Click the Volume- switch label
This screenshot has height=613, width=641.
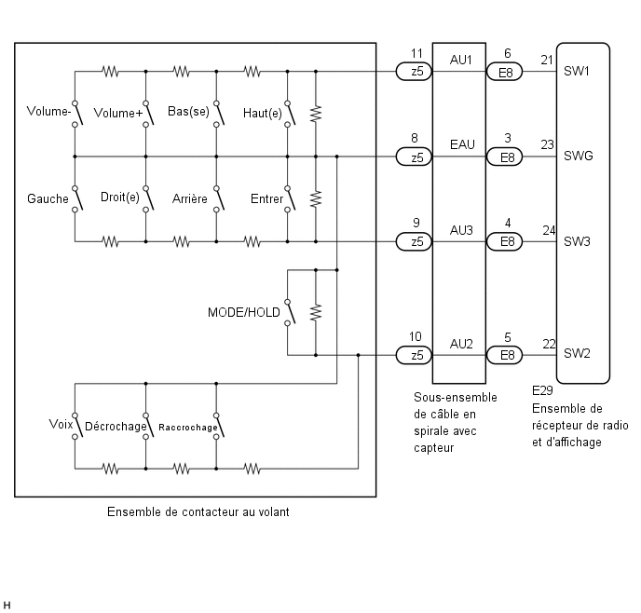pos(48,111)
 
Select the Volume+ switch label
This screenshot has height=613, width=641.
pos(118,113)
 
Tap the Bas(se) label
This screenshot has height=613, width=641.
pos(188,112)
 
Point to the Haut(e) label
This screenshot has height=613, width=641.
pos(263,114)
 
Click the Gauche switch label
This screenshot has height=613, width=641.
pos(48,198)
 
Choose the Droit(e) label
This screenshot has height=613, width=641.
pos(120,198)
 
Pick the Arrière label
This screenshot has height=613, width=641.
pos(190,198)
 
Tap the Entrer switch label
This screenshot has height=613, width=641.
pos(267,198)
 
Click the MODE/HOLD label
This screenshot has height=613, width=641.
pos(244,312)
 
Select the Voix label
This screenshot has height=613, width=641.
pos(61,424)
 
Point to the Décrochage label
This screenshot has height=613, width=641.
pos(116,427)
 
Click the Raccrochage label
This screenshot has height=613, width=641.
pos(188,428)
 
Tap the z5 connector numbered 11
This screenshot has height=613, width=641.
pos(414,72)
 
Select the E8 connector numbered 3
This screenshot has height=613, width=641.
pos(504,157)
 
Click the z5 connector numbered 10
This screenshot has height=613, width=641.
pos(414,355)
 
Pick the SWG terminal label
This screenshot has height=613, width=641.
pos(578,156)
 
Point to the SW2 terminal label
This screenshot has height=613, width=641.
pos(577,353)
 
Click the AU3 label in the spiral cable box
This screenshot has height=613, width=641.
pos(461,230)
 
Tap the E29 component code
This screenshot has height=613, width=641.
pos(542,390)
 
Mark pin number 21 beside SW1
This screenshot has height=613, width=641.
pos(547,60)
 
